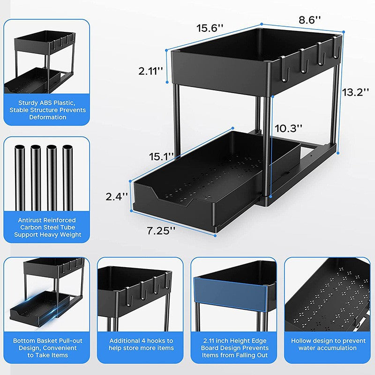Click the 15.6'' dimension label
pos(210,28)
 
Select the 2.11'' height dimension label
pos(151,71)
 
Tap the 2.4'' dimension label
pos(116,197)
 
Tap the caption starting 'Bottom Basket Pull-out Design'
pos(47,348)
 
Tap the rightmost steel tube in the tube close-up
pos(68,178)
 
